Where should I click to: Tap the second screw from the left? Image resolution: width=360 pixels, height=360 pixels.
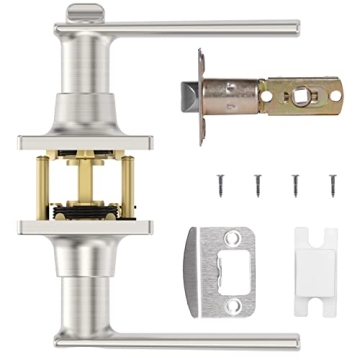pos(257,184)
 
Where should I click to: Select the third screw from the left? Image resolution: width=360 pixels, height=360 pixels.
pos(295,184)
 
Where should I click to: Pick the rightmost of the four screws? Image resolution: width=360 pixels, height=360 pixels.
pos(332,184)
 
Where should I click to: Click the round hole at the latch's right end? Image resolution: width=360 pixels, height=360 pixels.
pos(335,96)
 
